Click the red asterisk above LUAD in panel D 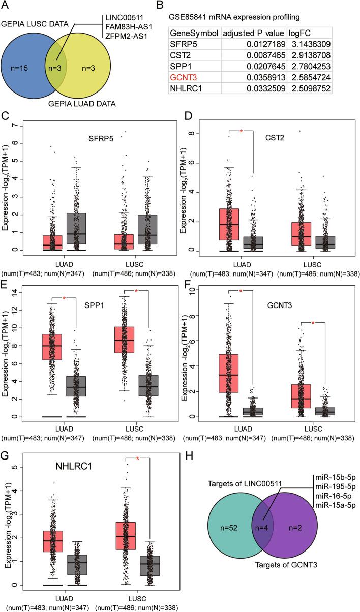coord(241,132)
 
